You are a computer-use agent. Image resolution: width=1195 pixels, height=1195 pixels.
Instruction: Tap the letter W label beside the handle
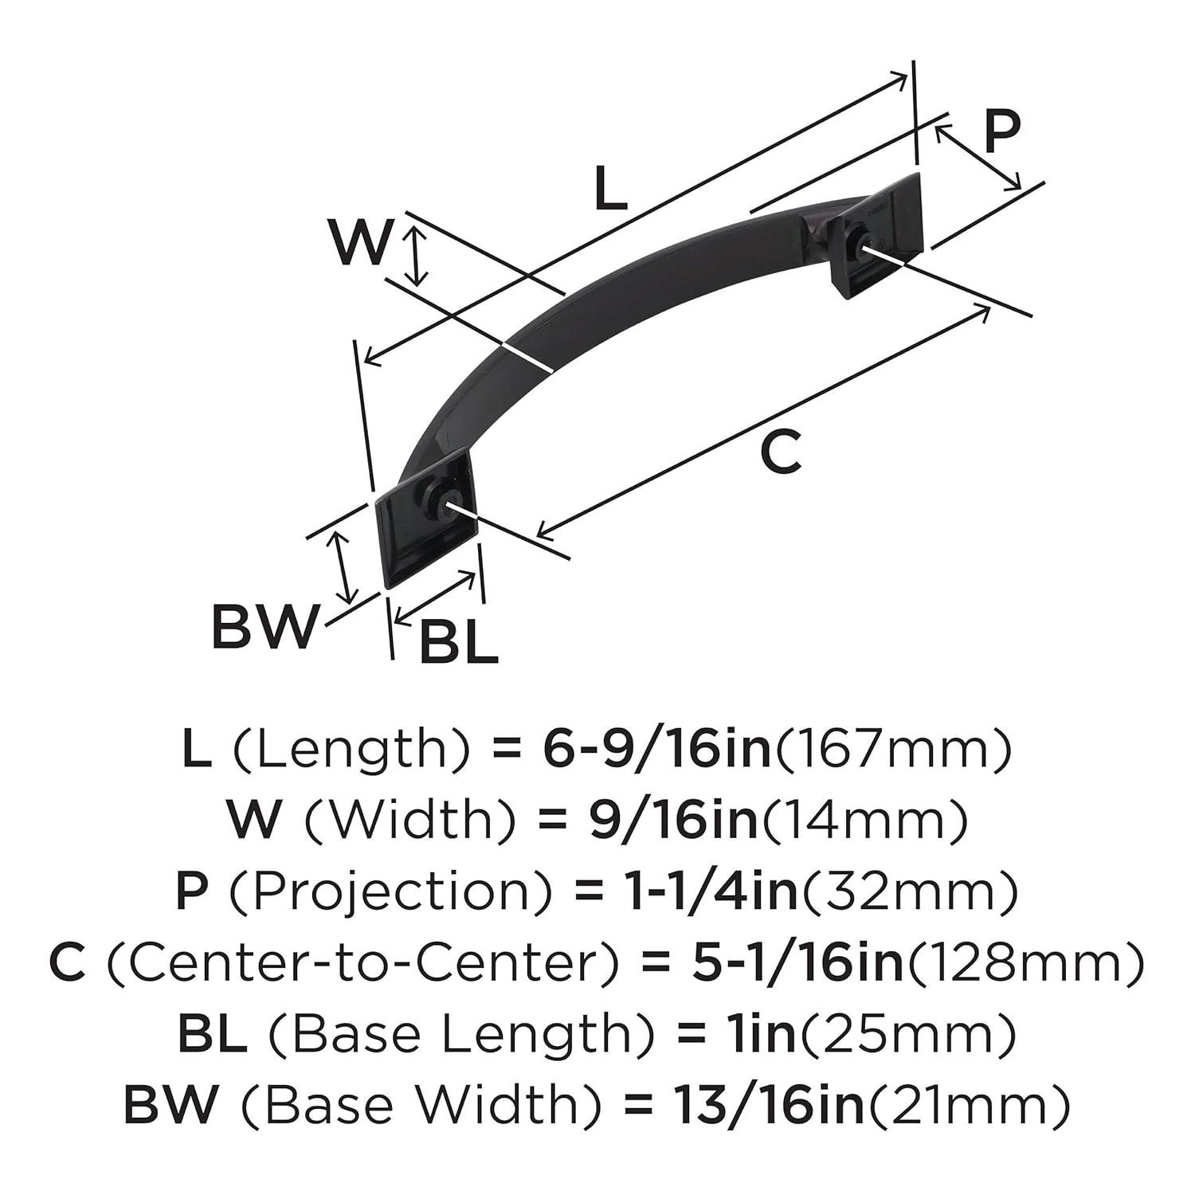[361, 243]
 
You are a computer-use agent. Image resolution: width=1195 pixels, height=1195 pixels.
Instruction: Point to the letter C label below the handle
[780, 453]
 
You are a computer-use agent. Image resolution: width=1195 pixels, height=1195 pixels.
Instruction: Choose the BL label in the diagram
[458, 642]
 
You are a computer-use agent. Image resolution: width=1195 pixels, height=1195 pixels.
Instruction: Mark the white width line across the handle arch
[527, 358]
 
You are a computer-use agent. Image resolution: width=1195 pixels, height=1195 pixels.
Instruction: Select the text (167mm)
[893, 750]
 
